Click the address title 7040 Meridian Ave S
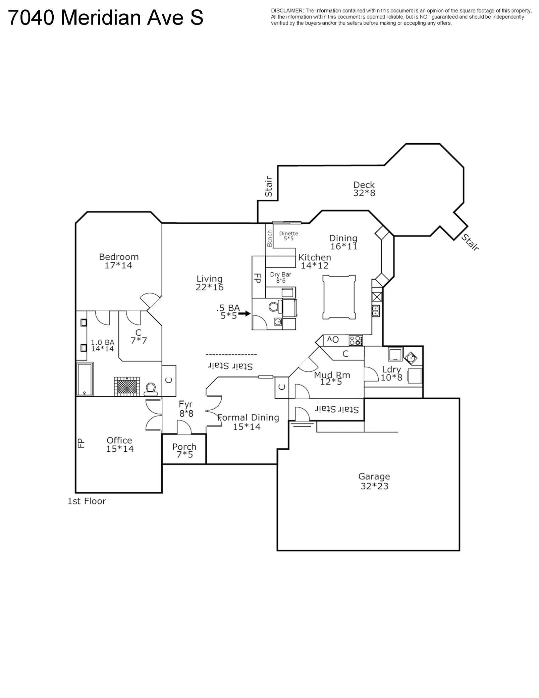pos(105,17)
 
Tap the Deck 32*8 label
pos(364,189)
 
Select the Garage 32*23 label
pos(374,481)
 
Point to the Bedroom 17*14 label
pos(119,261)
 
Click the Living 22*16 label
pos(210,283)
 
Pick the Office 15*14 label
pos(120,445)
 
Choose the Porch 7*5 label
pos(184,451)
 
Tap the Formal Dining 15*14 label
pos(248,422)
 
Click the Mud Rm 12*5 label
pos(332,379)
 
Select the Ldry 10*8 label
pos(391,373)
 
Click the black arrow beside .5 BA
pos(245,314)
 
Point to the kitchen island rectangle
pos(339,297)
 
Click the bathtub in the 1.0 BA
pos(85,379)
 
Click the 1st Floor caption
pos(87,501)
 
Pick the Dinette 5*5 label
pos(288,236)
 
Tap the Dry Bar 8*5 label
pos(281,277)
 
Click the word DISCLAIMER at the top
pos(287,11)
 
